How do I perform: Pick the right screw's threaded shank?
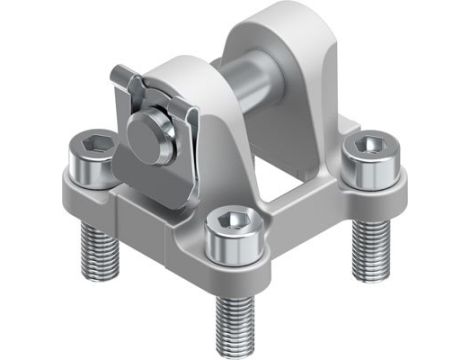(x=368, y=246)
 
